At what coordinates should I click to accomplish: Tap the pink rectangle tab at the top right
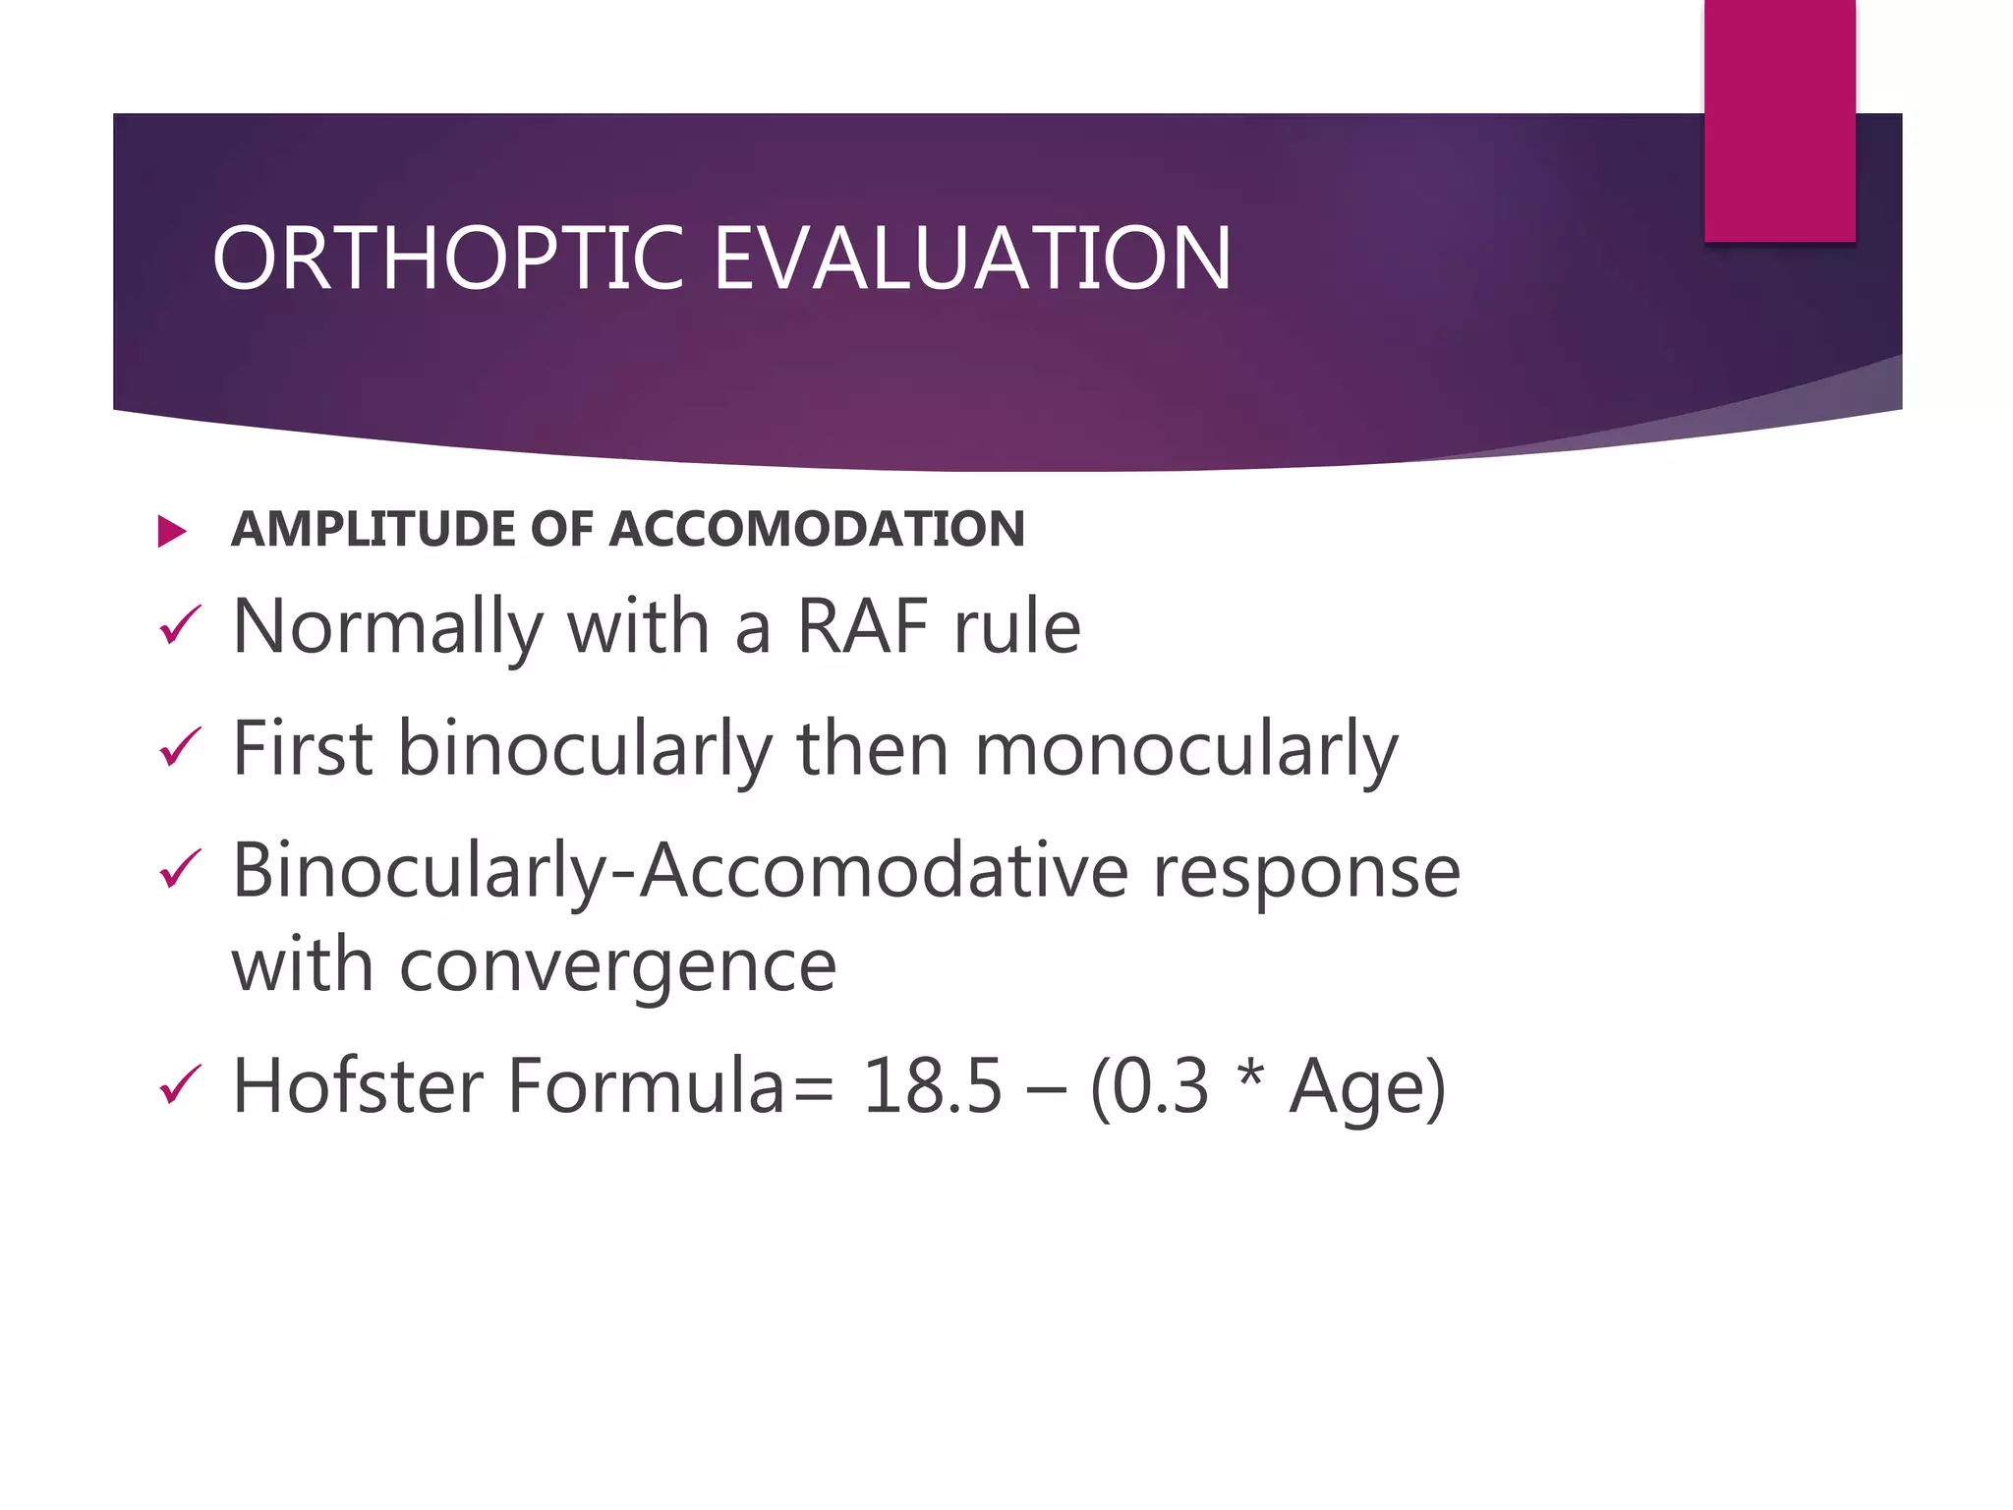[x=1779, y=120]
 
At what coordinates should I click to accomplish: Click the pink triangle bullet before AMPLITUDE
[x=172, y=532]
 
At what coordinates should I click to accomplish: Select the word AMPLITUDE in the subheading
[x=374, y=529]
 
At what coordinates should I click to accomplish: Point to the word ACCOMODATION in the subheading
[x=817, y=529]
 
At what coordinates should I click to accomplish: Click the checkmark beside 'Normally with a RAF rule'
[x=180, y=626]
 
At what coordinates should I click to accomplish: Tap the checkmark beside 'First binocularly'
[x=180, y=748]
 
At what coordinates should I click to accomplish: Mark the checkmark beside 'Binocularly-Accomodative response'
[x=180, y=870]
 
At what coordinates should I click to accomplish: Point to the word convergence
[x=617, y=967]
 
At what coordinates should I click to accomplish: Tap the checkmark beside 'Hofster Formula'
[x=180, y=1086]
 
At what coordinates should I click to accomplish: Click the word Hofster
[x=358, y=1086]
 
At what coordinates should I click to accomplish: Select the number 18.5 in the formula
[x=932, y=1087]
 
